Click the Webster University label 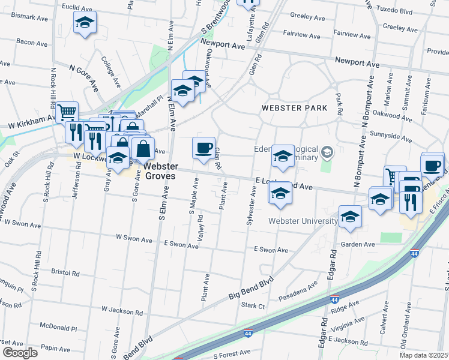pos(303,221)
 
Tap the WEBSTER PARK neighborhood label pos(294,108)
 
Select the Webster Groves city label pos(160,171)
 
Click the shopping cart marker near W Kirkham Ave pos(67,111)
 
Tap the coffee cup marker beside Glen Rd pos(203,147)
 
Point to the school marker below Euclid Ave pos(85,23)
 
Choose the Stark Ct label pos(253,305)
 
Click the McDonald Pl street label pos(58,328)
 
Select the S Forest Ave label pos(231,355)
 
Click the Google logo pos(20,353)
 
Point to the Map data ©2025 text pos(424,355)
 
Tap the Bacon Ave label pos(32,42)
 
